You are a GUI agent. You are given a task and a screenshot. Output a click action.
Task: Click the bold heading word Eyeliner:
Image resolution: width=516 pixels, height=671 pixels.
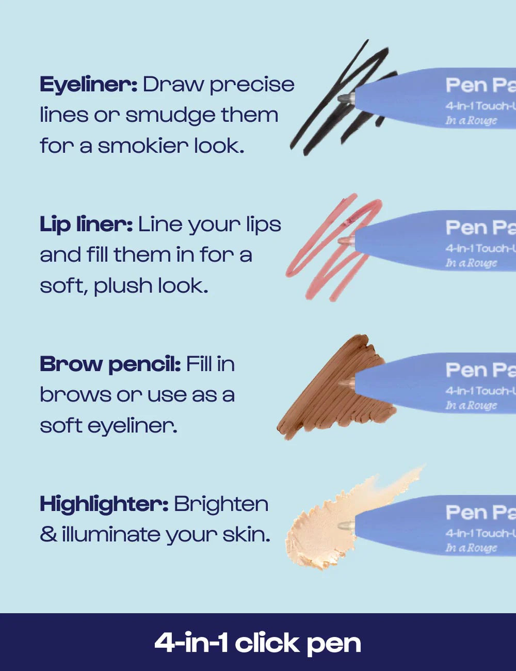click(88, 85)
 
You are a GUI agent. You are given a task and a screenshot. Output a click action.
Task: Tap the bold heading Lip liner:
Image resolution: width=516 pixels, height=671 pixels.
click(86, 225)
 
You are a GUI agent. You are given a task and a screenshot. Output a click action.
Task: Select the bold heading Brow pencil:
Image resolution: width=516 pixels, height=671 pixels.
click(110, 364)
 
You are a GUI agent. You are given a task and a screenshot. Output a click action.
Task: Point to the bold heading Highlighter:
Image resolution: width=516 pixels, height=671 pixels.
click(104, 504)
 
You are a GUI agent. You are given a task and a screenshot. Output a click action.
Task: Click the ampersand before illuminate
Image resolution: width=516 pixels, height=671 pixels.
click(48, 535)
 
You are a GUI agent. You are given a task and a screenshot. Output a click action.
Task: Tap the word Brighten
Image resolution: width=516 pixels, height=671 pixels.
click(221, 504)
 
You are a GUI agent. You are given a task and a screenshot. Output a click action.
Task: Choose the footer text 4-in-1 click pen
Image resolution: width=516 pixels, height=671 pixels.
click(257, 643)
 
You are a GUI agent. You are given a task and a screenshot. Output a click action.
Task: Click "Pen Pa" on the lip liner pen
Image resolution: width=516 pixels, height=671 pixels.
click(480, 228)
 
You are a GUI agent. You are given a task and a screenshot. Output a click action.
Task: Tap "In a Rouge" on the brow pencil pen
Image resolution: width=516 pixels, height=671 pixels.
click(471, 406)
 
